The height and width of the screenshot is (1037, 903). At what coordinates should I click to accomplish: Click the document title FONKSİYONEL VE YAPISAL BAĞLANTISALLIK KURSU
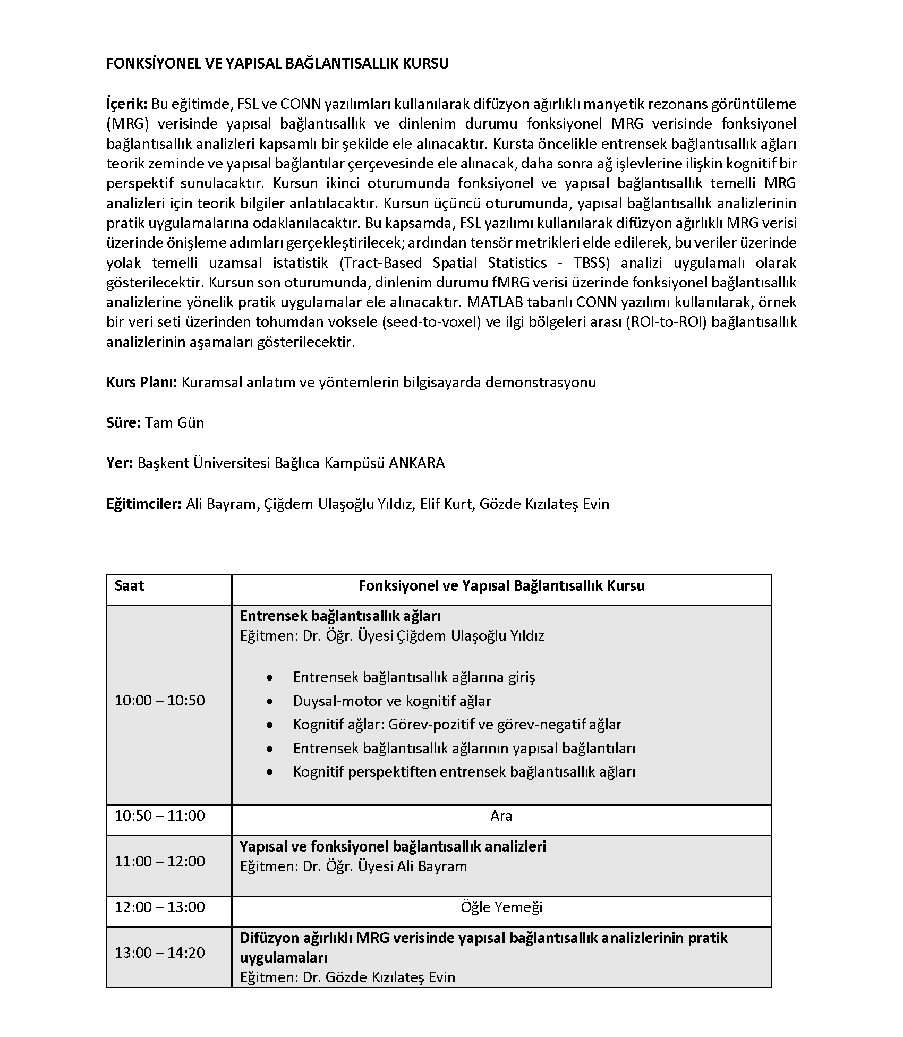[x=277, y=64]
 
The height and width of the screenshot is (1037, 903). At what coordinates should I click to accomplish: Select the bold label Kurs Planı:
[x=141, y=382]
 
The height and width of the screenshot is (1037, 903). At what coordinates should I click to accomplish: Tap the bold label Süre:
[x=123, y=423]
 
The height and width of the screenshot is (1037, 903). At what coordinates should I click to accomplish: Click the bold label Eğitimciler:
[x=144, y=504]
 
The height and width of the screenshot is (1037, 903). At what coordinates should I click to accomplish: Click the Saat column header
[x=129, y=586]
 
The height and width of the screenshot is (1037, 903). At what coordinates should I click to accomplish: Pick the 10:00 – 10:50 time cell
[x=160, y=701]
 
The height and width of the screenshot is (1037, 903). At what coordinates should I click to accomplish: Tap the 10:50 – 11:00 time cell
[x=160, y=815]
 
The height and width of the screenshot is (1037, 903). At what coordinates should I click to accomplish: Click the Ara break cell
[x=501, y=815]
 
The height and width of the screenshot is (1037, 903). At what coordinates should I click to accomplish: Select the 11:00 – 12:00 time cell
[x=160, y=861]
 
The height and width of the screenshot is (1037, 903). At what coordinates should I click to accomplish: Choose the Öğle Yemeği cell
[x=501, y=907]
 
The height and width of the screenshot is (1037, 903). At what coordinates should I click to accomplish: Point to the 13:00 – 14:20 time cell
[x=160, y=953]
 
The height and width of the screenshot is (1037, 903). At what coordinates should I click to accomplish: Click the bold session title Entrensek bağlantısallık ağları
[x=340, y=616]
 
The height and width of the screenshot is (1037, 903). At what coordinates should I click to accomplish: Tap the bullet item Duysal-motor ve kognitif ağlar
[x=392, y=701]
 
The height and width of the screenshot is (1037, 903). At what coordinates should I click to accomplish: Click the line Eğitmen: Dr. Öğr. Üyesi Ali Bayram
[x=353, y=866]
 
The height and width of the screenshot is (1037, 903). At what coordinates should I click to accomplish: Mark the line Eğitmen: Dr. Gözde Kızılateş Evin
[x=347, y=977]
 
